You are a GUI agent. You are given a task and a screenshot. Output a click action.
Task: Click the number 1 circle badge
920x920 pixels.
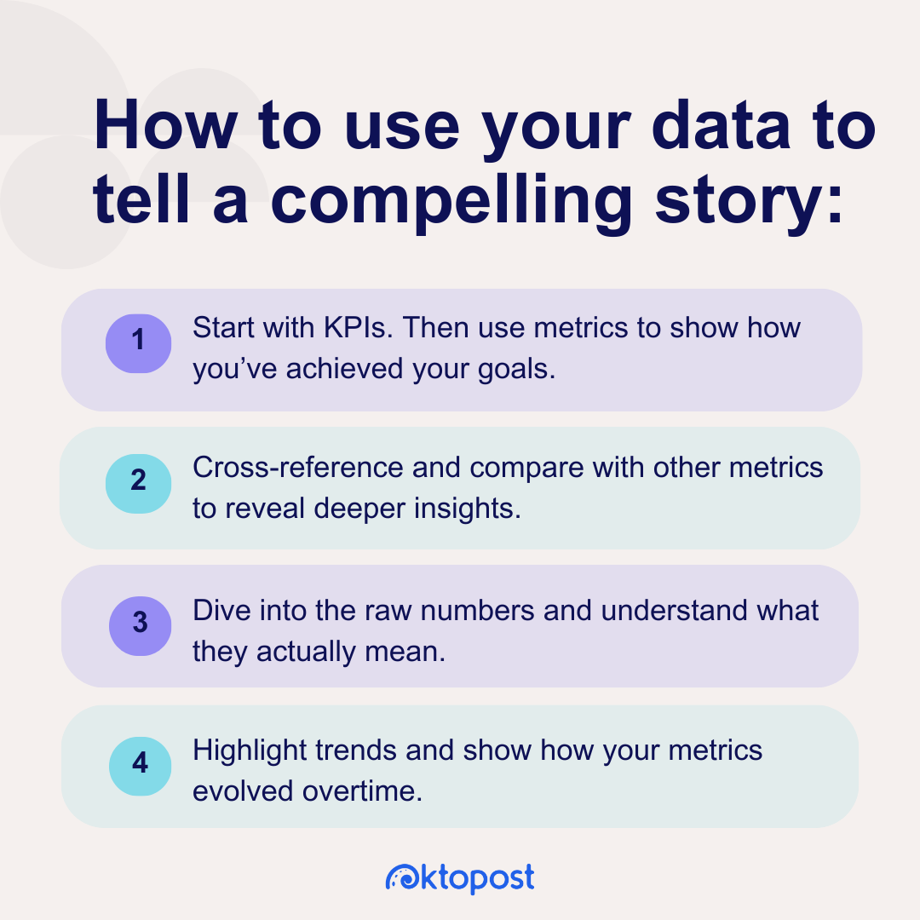click(138, 342)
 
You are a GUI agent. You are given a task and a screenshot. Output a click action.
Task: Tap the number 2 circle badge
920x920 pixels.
click(138, 481)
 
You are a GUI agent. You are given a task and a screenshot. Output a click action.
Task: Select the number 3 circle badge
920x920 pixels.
click(141, 624)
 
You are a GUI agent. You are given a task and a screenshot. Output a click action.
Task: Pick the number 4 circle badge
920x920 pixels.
click(141, 763)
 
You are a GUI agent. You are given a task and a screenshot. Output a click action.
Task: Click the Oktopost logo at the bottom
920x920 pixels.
click(460, 877)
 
